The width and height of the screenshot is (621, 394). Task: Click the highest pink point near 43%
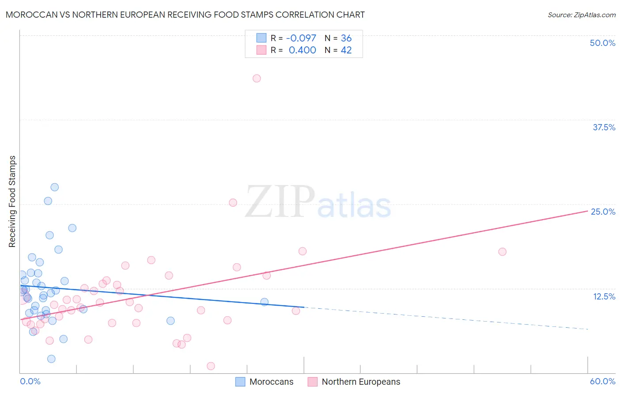coord(257,78)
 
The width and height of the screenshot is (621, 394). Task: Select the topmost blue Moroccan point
coord(54,187)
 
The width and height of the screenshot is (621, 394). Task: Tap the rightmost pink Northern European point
coord(502,252)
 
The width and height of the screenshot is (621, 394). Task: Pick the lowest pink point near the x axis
coord(211,366)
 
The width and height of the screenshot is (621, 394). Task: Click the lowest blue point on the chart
coord(51,359)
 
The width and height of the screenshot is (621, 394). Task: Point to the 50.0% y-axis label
coord(602,43)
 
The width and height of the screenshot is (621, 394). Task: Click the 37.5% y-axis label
coord(604,127)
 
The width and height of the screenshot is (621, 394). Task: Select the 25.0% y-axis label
coord(603,212)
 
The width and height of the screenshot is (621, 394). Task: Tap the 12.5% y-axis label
coord(604,296)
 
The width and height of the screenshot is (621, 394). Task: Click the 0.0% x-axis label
coord(30,381)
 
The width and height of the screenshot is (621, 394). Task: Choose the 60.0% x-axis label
coord(602,381)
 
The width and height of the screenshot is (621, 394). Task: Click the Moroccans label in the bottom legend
coord(271,382)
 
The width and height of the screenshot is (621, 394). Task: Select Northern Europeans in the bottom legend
coord(361,382)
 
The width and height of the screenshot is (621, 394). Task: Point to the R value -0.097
coord(301,38)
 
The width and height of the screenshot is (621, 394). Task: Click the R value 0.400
coord(302,50)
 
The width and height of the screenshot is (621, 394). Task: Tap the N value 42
coord(346,50)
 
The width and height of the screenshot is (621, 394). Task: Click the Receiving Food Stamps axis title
coord(12,201)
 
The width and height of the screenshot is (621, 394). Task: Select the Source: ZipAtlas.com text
coord(581,15)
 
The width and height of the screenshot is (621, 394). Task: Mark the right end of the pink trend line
coord(587,211)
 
